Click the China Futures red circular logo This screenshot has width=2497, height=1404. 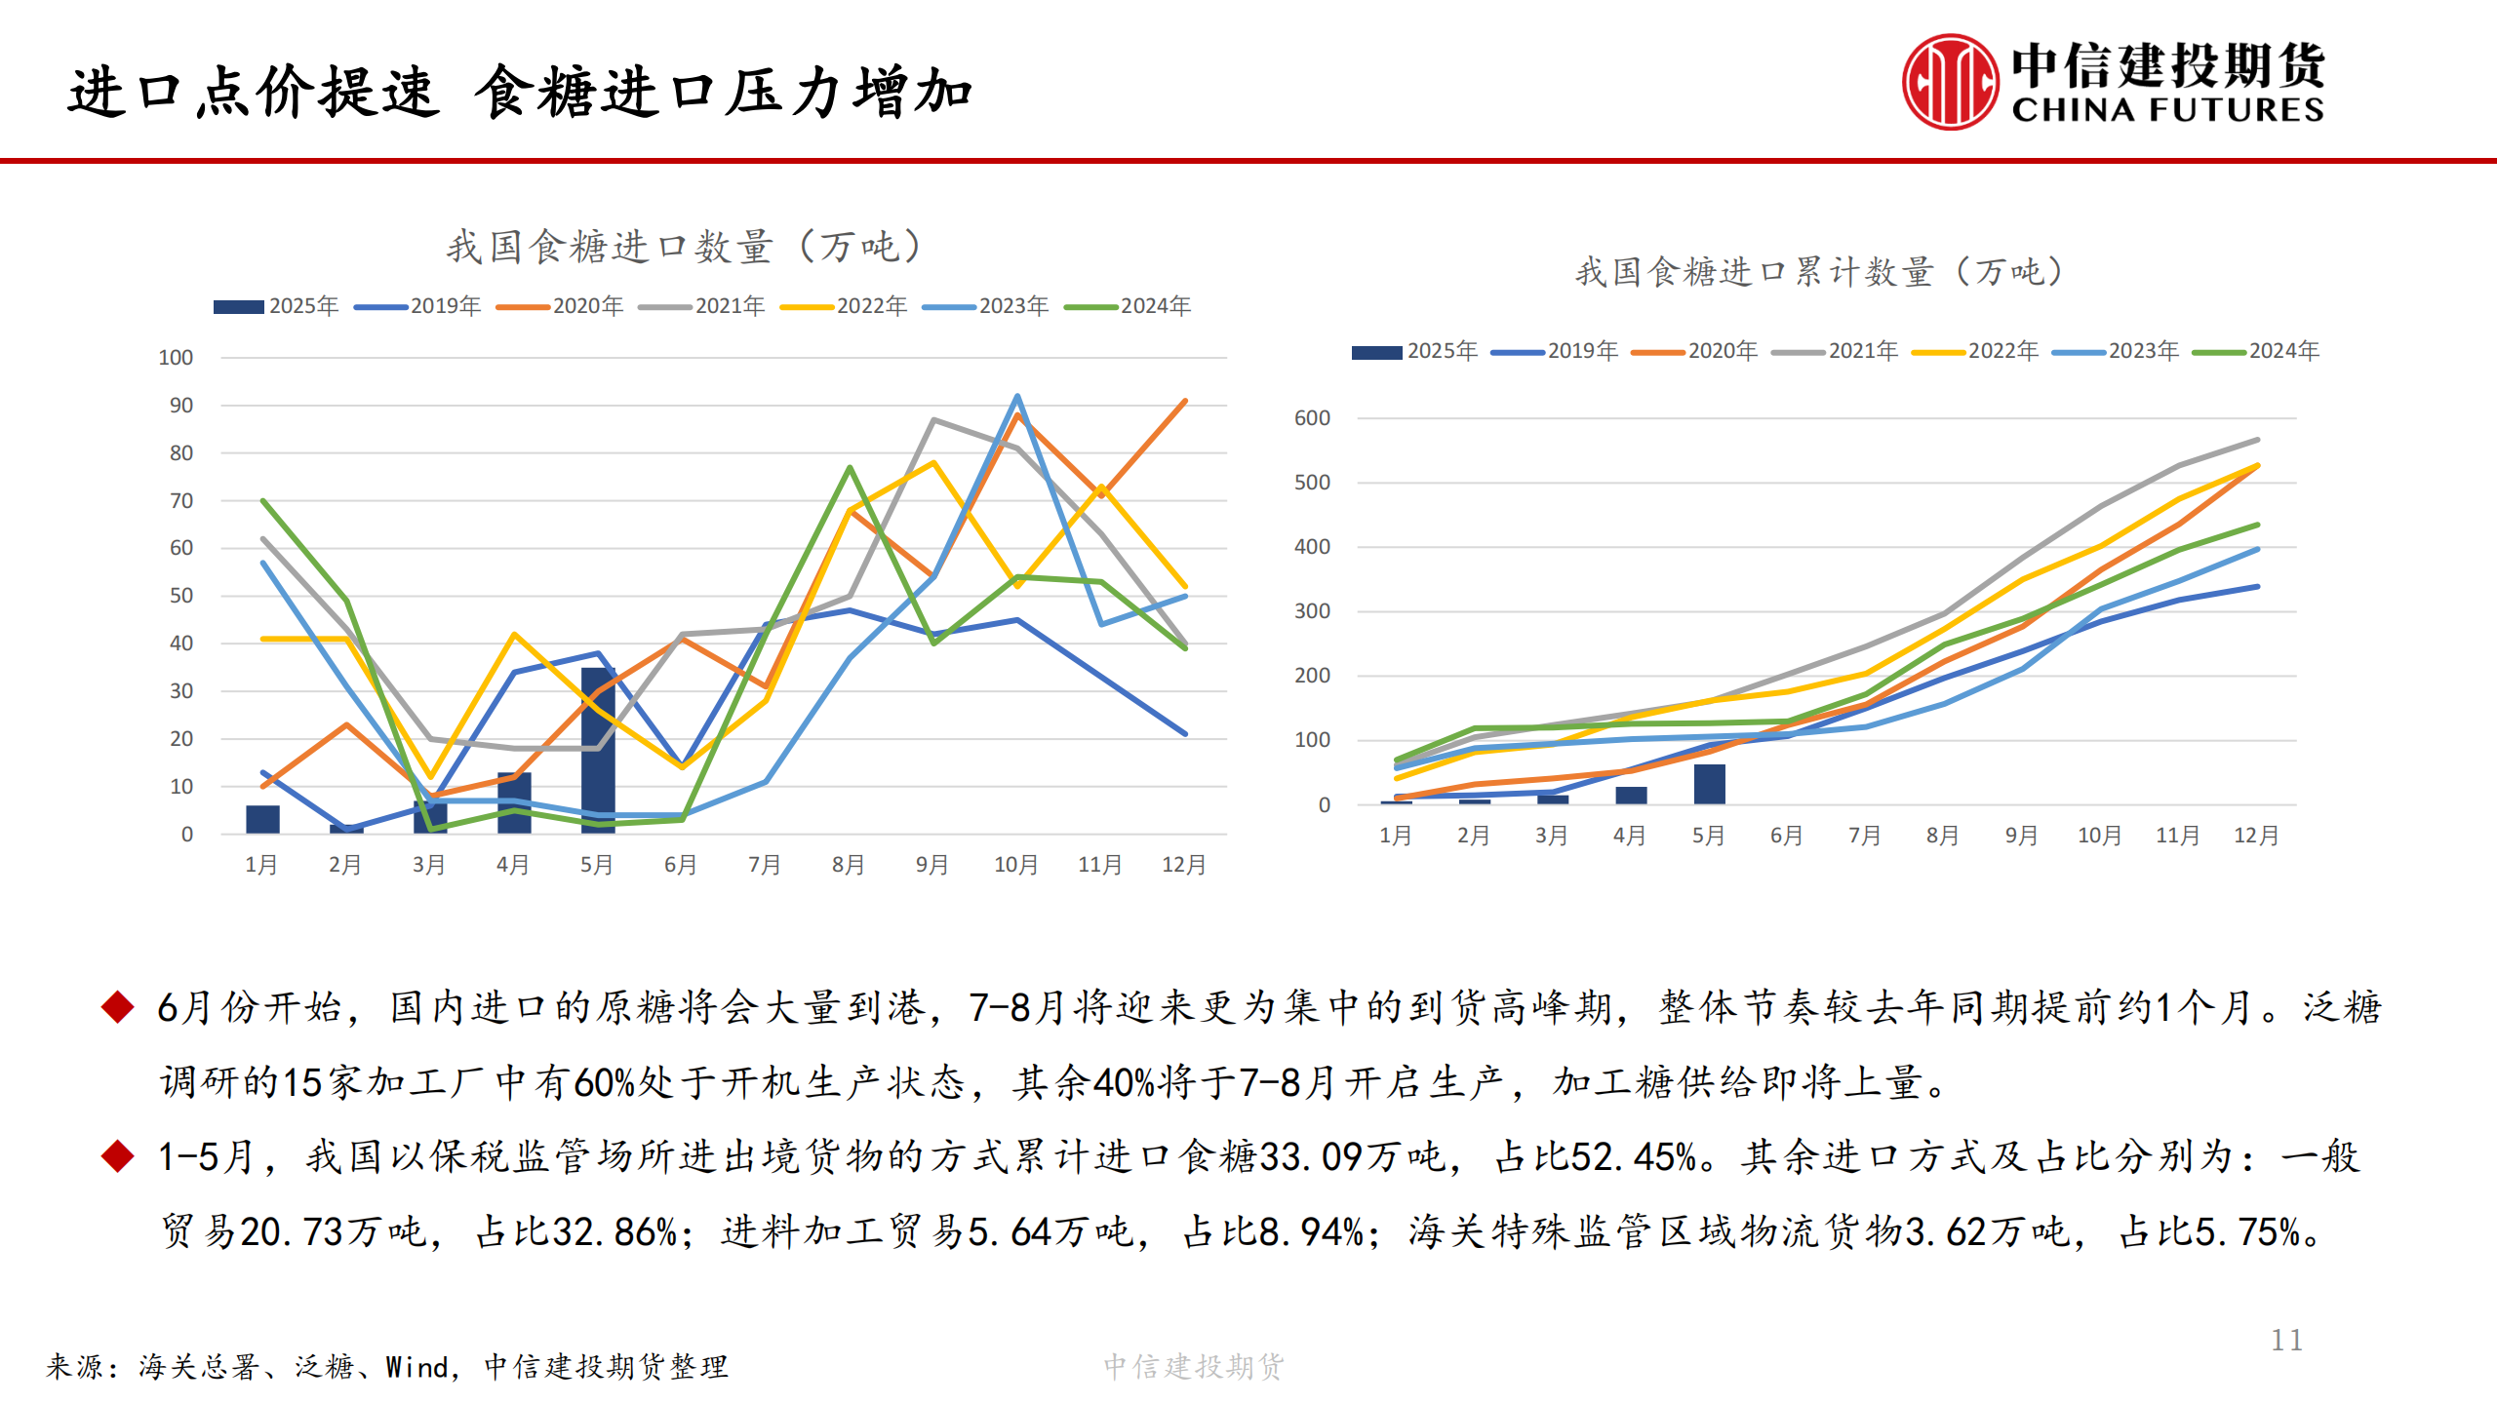click(x=1949, y=82)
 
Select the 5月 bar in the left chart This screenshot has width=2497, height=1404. click(x=598, y=751)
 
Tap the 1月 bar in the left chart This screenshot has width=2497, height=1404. click(x=262, y=819)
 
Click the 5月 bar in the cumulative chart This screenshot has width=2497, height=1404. click(x=1709, y=784)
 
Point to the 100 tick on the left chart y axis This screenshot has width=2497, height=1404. click(x=176, y=358)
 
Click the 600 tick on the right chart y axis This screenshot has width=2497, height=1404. click(x=1312, y=418)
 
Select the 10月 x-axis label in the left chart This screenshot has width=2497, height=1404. click(x=1015, y=865)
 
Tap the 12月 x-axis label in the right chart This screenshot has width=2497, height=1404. click(x=2256, y=836)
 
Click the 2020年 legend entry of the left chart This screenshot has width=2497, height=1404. click(x=560, y=306)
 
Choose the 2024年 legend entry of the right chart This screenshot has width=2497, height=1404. click(x=2255, y=351)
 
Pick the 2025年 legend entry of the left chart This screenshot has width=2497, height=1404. click(x=276, y=306)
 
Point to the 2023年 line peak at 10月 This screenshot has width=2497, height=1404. click(x=1017, y=397)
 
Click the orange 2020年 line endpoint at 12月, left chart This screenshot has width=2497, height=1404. click(x=1185, y=401)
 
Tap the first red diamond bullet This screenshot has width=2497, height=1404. click(x=118, y=1006)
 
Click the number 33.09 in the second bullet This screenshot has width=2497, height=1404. click(x=1310, y=1157)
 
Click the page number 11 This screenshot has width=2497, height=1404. click(x=2285, y=1340)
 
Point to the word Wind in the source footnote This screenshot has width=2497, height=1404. click(x=416, y=1367)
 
